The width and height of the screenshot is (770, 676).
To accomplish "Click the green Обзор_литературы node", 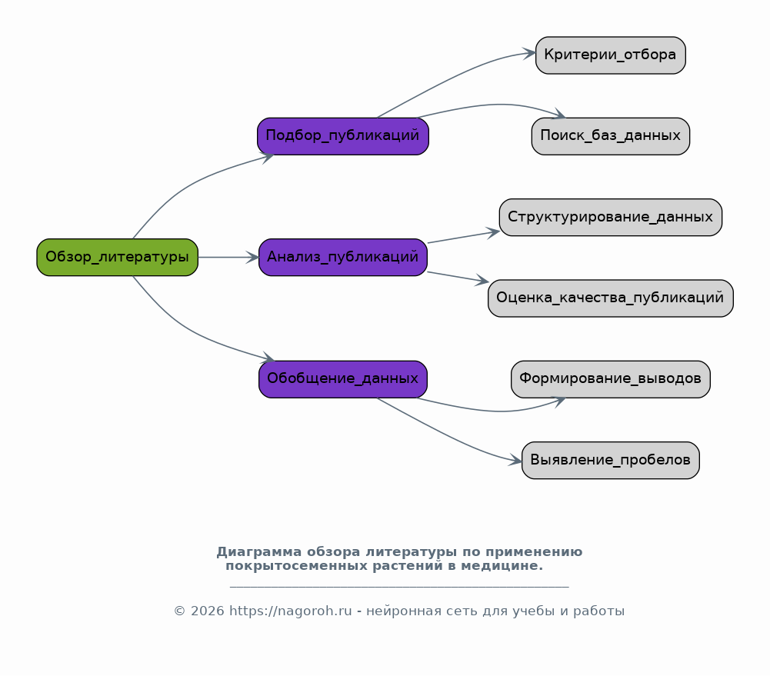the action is [x=118, y=257].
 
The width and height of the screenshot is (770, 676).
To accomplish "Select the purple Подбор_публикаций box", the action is [x=343, y=136].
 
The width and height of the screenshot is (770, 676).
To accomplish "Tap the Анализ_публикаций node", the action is [x=343, y=257].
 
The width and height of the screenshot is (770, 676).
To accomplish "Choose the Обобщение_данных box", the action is [x=343, y=379].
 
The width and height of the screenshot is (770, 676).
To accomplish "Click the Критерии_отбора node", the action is [x=611, y=55].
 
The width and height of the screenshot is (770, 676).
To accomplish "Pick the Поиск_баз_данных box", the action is [x=611, y=136].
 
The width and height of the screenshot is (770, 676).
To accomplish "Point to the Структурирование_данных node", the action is [x=611, y=217].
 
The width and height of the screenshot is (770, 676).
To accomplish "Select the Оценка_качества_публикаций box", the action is [x=611, y=298].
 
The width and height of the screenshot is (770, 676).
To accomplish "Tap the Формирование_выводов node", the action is [x=611, y=379].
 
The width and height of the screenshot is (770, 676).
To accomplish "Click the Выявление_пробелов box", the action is [x=611, y=460].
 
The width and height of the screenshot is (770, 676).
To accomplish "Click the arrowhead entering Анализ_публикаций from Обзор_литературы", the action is [x=252, y=257].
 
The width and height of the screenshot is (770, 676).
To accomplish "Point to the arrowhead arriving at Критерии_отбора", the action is [x=529, y=53].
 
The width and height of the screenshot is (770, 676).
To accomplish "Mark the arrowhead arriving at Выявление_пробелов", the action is [x=515, y=460].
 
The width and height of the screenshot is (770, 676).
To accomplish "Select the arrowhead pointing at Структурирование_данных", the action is [x=493, y=233].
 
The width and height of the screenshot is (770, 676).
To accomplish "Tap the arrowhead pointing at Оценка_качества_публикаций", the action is [x=482, y=281].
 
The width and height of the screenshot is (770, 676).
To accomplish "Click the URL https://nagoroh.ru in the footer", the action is [x=291, y=611].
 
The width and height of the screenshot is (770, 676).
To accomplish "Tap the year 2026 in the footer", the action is [x=207, y=611].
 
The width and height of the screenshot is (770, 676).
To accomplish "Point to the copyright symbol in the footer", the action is [x=180, y=611].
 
